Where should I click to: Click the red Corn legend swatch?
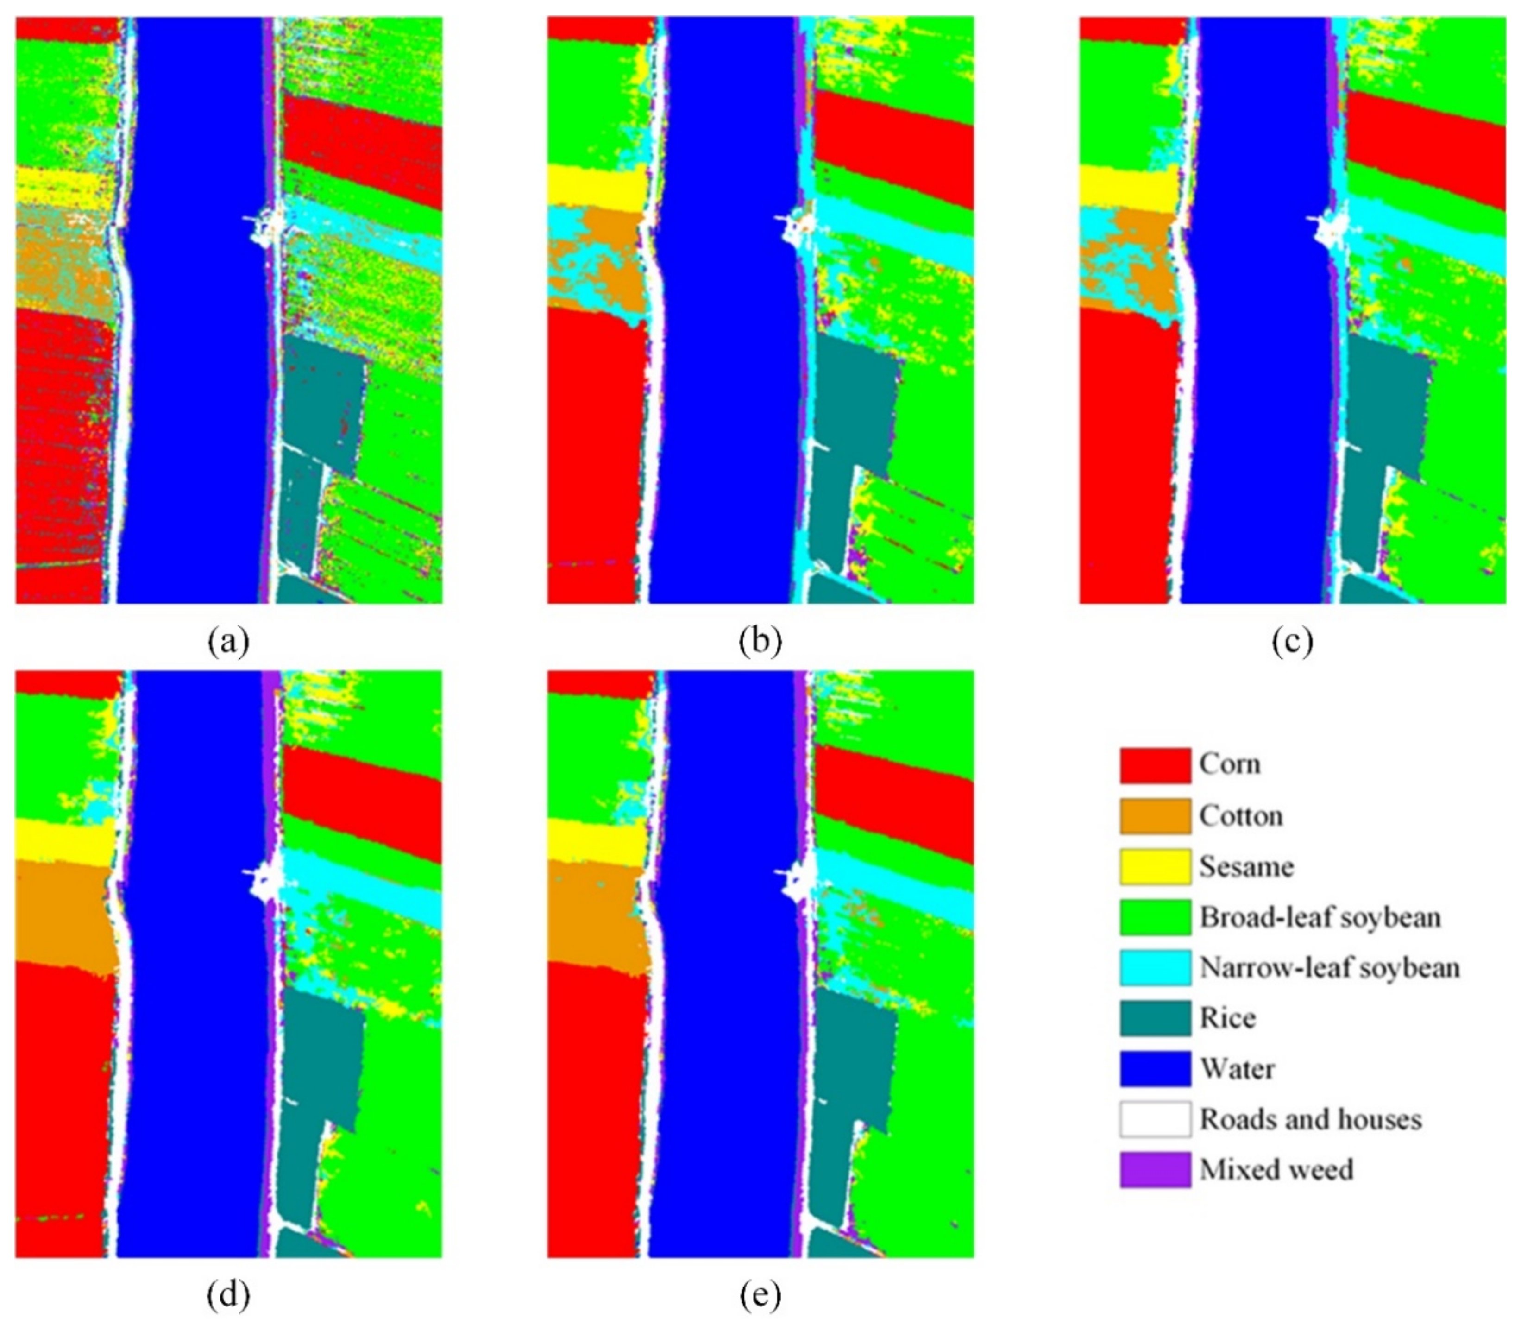click(1155, 765)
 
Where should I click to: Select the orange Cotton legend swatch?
click(1155, 815)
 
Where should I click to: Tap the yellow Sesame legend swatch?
click(1155, 866)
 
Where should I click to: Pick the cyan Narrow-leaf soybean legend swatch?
click(1155, 967)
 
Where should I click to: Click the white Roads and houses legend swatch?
click(1155, 1119)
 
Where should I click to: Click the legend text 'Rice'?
click(1227, 1018)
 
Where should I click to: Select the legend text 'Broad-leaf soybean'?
click(1319, 917)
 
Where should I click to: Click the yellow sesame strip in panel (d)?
click(63, 841)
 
